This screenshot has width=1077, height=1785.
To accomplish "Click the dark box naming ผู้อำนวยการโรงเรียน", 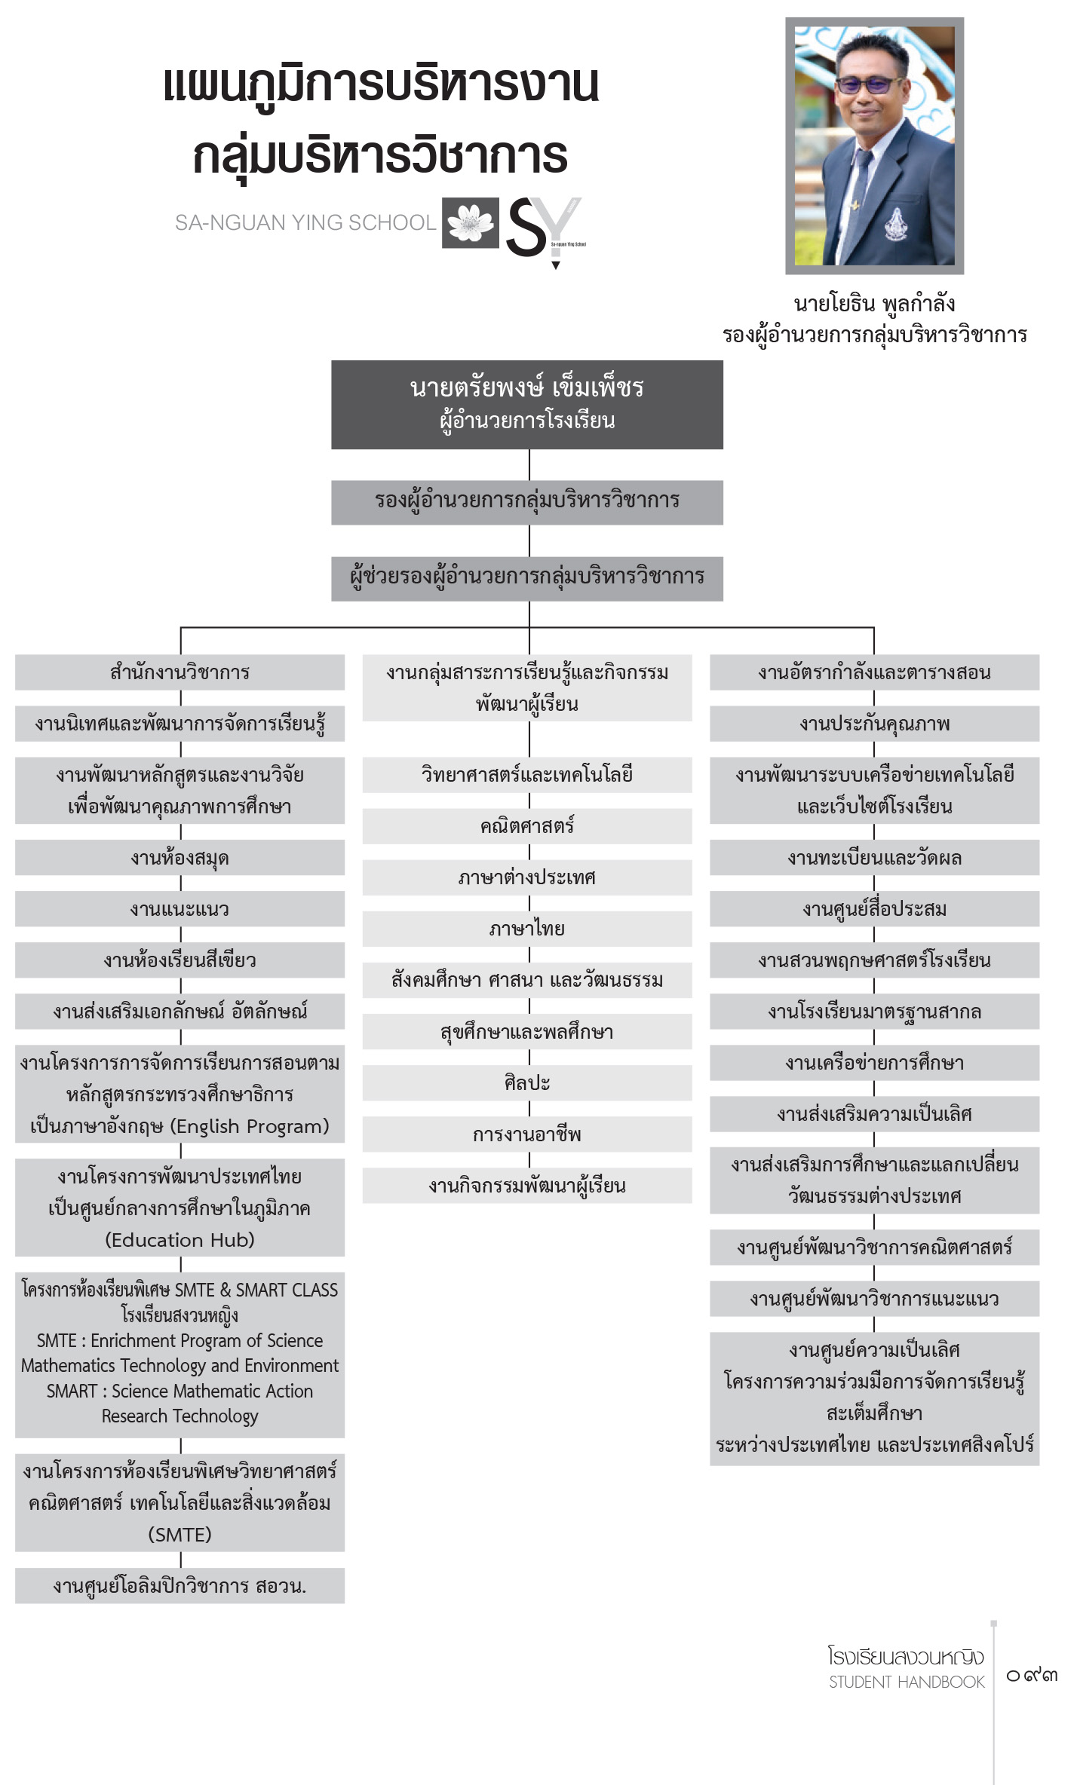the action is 527,405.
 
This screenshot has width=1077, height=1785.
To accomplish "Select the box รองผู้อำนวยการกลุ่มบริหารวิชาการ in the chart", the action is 527,502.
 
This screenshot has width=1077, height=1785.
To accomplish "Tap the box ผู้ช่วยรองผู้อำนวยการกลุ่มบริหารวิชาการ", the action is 527,578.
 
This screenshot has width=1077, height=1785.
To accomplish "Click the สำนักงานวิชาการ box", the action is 179,672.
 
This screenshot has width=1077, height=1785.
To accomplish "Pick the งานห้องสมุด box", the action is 179,858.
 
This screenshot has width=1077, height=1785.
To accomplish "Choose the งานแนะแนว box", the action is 179,909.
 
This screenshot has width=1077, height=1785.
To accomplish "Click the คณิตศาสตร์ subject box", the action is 527,826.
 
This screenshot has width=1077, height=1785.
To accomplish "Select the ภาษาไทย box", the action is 527,929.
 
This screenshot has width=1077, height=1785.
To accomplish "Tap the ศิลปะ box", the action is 527,1082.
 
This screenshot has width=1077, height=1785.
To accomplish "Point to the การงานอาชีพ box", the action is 527,1134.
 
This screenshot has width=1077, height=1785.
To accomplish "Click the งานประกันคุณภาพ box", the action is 875,724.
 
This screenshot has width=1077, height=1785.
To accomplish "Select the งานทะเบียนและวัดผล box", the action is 875,858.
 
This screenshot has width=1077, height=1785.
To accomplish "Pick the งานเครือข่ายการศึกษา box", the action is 875,1063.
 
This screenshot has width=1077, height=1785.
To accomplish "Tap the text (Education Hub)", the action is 180,1240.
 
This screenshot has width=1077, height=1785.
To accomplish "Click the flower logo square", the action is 471,223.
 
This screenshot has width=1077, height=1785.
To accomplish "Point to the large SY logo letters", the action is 543,226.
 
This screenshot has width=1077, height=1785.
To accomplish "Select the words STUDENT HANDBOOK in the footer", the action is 907,1682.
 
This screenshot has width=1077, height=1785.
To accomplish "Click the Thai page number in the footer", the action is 1033,1675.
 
